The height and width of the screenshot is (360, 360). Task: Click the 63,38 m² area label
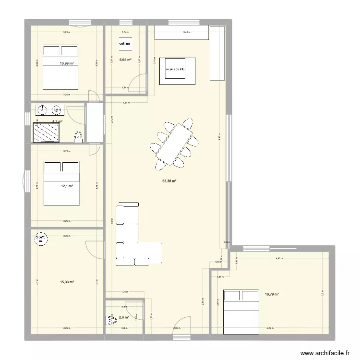169,181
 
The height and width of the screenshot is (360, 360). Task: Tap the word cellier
125,43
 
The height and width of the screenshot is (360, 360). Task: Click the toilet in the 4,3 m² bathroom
79,137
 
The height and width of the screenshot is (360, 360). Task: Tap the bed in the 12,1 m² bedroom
62,182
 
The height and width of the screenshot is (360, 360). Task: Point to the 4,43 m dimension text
279,259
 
